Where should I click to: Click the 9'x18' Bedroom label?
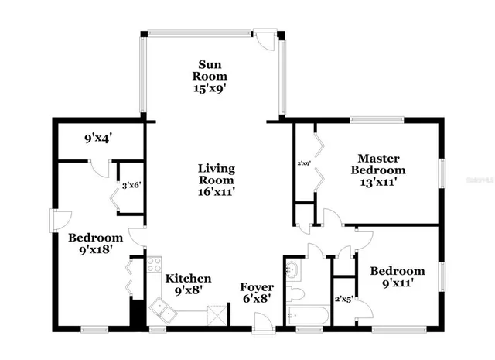tap(95, 244)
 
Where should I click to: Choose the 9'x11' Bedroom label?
tap(397, 277)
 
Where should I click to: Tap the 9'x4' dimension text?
tap(98, 139)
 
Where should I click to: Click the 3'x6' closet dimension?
tap(131, 185)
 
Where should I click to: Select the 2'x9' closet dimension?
tap(304, 163)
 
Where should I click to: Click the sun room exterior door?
tap(267, 39)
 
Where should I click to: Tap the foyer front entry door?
tap(265, 323)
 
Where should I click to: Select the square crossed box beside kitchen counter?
tap(217, 315)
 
